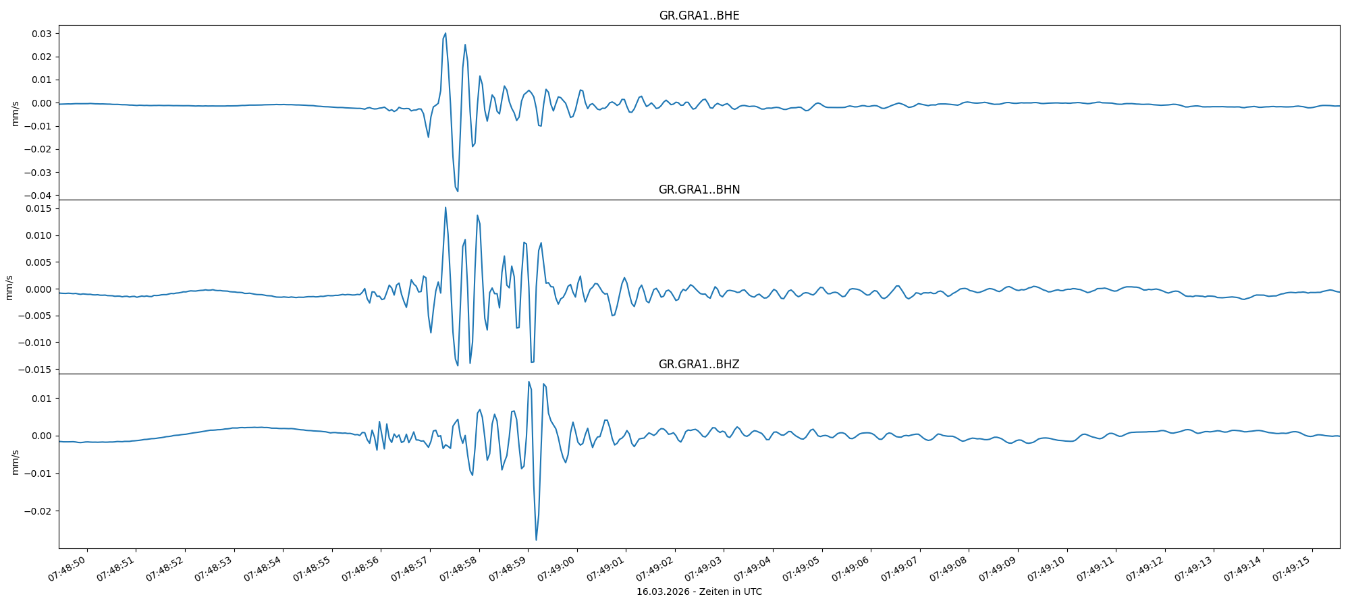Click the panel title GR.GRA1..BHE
click(699, 16)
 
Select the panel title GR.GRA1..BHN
click(699, 190)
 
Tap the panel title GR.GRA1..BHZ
click(699, 364)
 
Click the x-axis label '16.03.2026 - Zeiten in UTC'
click(699, 591)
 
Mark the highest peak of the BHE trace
click(446, 33)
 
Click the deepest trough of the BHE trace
click(458, 192)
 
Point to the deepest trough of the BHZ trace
click(536, 540)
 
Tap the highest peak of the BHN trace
click(446, 208)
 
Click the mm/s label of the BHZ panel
click(15, 462)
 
